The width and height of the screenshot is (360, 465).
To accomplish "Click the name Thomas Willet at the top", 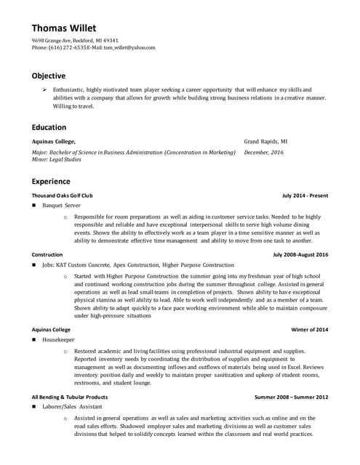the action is tap(63, 28).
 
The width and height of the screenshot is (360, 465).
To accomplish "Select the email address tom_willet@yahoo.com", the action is tap(129, 47).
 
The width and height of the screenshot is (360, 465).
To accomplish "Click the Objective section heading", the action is tap(49, 76).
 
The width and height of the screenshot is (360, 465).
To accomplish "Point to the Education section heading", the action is tap(49, 127).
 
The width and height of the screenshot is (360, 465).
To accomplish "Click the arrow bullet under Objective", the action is tap(44, 89).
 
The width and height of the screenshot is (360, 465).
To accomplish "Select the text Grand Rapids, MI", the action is tap(265, 142).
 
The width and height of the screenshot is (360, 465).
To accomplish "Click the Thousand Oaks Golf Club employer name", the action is tap(62, 195).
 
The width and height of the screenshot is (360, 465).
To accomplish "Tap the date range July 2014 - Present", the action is tap(305, 195).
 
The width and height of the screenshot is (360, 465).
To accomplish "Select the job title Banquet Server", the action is tap(61, 206).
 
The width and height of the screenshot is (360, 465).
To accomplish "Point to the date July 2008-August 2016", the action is tap(300, 255).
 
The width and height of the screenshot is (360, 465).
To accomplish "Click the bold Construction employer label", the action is tap(47, 255).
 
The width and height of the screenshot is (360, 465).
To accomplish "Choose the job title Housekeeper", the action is tap(57, 339).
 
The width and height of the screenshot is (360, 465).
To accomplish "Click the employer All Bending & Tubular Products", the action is tap(70, 397).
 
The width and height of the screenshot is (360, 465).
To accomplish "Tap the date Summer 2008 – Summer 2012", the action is tap(291, 397).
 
